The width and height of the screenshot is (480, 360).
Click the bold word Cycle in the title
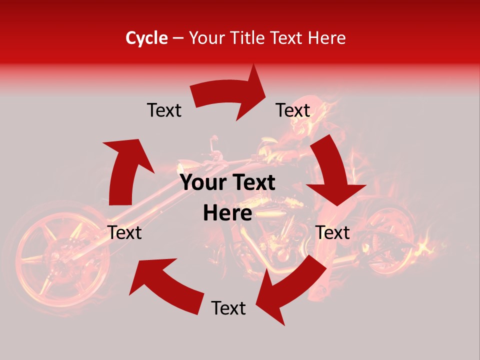146,38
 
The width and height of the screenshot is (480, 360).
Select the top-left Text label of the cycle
164,110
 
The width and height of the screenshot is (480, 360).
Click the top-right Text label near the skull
293,110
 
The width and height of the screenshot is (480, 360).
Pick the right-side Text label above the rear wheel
332,232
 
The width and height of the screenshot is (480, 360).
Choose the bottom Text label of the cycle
228,308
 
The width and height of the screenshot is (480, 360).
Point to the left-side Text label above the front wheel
125,232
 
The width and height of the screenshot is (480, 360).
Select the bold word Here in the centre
227,213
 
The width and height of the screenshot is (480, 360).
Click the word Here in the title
326,38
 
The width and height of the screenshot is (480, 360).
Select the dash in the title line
178,38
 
